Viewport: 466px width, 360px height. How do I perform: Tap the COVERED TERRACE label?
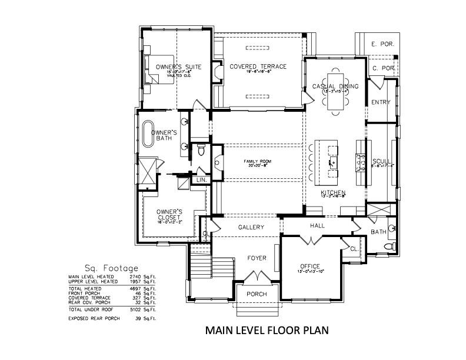(258, 66)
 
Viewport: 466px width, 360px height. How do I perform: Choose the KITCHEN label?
(332, 194)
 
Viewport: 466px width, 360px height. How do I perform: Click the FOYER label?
(257, 258)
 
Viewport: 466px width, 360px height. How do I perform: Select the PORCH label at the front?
(257, 294)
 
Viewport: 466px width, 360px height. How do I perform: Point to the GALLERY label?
(251, 227)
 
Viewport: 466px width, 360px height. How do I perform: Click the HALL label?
(318, 226)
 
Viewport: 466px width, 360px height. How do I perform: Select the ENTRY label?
(381, 102)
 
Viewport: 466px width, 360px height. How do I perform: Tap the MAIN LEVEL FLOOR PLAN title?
(266, 331)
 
